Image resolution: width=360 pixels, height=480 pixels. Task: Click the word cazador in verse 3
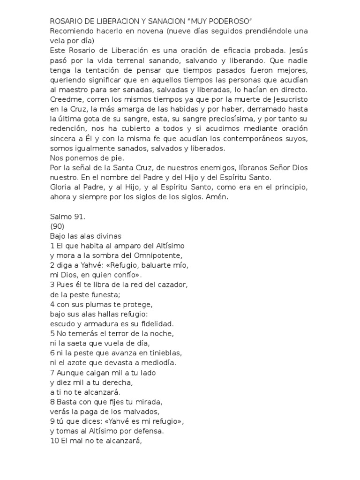point(170,285)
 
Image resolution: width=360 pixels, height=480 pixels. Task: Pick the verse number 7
point(52,373)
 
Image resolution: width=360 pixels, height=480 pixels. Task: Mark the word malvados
point(135,412)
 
